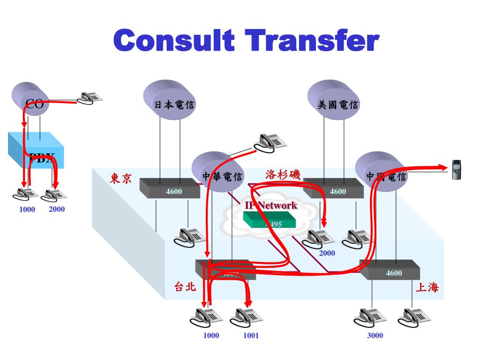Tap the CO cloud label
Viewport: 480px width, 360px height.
[34, 104]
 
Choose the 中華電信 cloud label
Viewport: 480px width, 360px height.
[222, 177]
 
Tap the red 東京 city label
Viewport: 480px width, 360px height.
[121, 179]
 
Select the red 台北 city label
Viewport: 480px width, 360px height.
[185, 287]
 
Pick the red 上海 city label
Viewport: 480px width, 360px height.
[427, 287]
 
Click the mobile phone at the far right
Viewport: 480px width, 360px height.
[456, 170]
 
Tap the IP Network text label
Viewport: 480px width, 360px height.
[271, 205]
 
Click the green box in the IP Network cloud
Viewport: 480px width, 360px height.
[270, 219]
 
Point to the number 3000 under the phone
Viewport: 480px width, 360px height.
[375, 335]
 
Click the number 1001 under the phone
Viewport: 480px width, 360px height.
[251, 335]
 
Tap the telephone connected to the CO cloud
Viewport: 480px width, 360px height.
[90, 97]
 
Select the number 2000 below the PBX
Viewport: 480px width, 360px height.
[57, 209]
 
